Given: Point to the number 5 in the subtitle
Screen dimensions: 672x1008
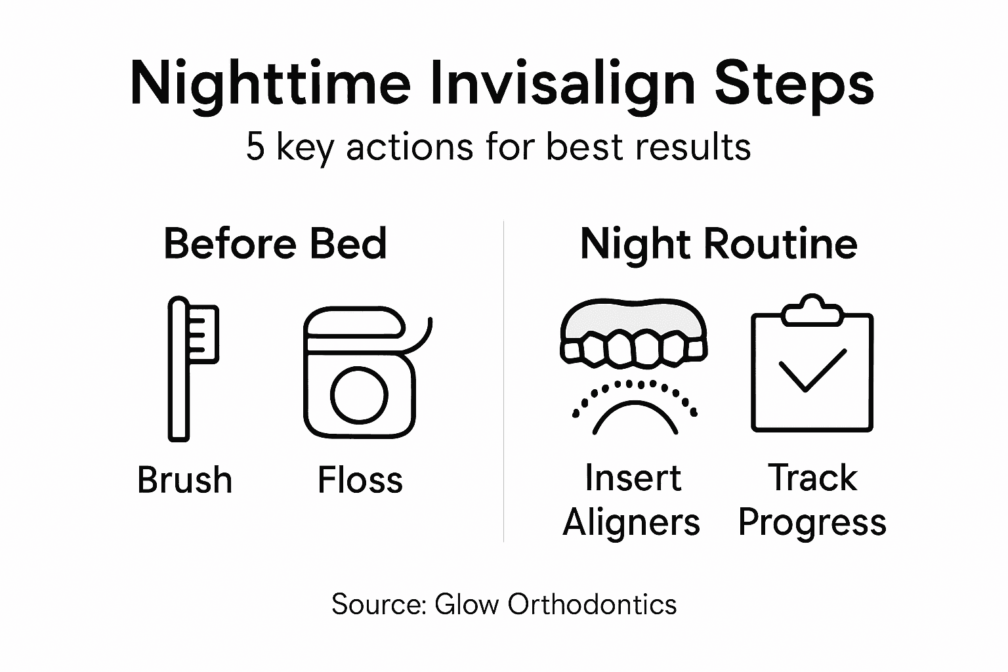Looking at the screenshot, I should point(255,146).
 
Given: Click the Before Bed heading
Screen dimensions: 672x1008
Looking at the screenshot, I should point(275,243).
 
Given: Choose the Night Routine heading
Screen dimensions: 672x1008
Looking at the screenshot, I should point(719,243).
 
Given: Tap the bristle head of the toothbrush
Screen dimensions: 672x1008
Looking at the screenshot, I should point(203,333).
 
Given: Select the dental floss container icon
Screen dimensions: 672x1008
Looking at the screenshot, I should point(360,372).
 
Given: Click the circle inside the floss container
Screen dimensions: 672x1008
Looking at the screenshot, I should point(360,395).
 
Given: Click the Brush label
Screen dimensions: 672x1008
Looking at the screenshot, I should point(184,480).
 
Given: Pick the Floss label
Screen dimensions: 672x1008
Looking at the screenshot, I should point(360,480).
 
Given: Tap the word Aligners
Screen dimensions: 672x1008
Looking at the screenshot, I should point(631,523).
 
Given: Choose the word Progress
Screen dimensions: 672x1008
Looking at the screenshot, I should point(812,523).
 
